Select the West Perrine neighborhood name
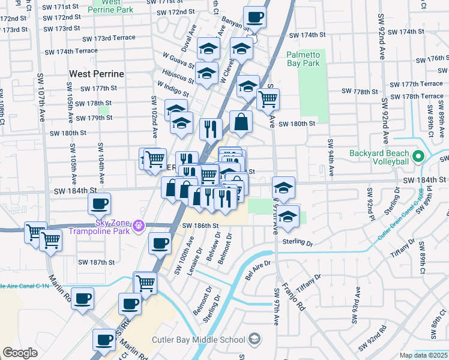[x=96, y=74]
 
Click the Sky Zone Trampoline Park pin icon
[x=139, y=226]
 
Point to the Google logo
[x=20, y=353]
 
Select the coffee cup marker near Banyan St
[x=255, y=17]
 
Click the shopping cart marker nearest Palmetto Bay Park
[x=268, y=99]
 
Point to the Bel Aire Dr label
[x=258, y=266]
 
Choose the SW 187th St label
[x=97, y=262]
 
